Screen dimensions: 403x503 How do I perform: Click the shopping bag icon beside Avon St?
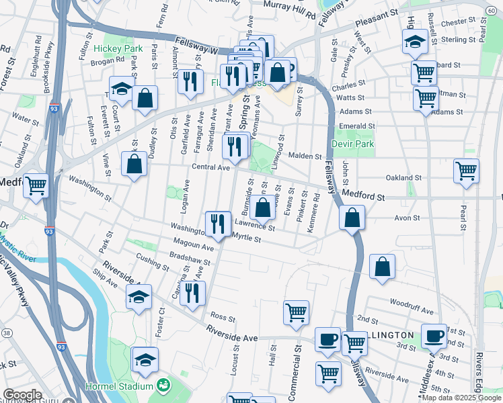[x=352, y=217]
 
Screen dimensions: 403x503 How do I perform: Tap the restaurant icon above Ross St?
[x=192, y=294]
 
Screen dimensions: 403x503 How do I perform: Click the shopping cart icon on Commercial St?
[x=296, y=312]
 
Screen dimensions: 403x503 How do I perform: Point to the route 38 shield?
[x=6, y=333]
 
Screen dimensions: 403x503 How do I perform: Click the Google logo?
[x=22, y=395]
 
